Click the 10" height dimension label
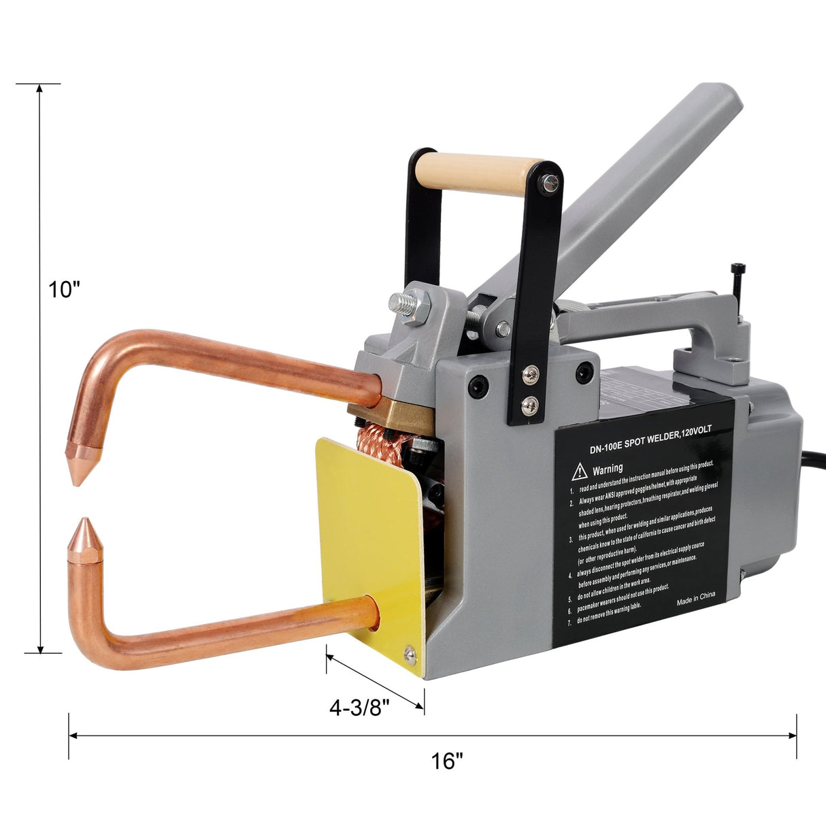(x=65, y=289)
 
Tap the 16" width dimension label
(x=446, y=761)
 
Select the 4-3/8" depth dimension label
(x=359, y=708)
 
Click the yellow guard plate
(x=371, y=531)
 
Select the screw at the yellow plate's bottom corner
(x=410, y=654)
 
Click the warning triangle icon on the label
(x=580, y=469)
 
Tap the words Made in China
(x=696, y=598)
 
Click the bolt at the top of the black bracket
(x=550, y=182)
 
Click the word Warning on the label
(x=607, y=469)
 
